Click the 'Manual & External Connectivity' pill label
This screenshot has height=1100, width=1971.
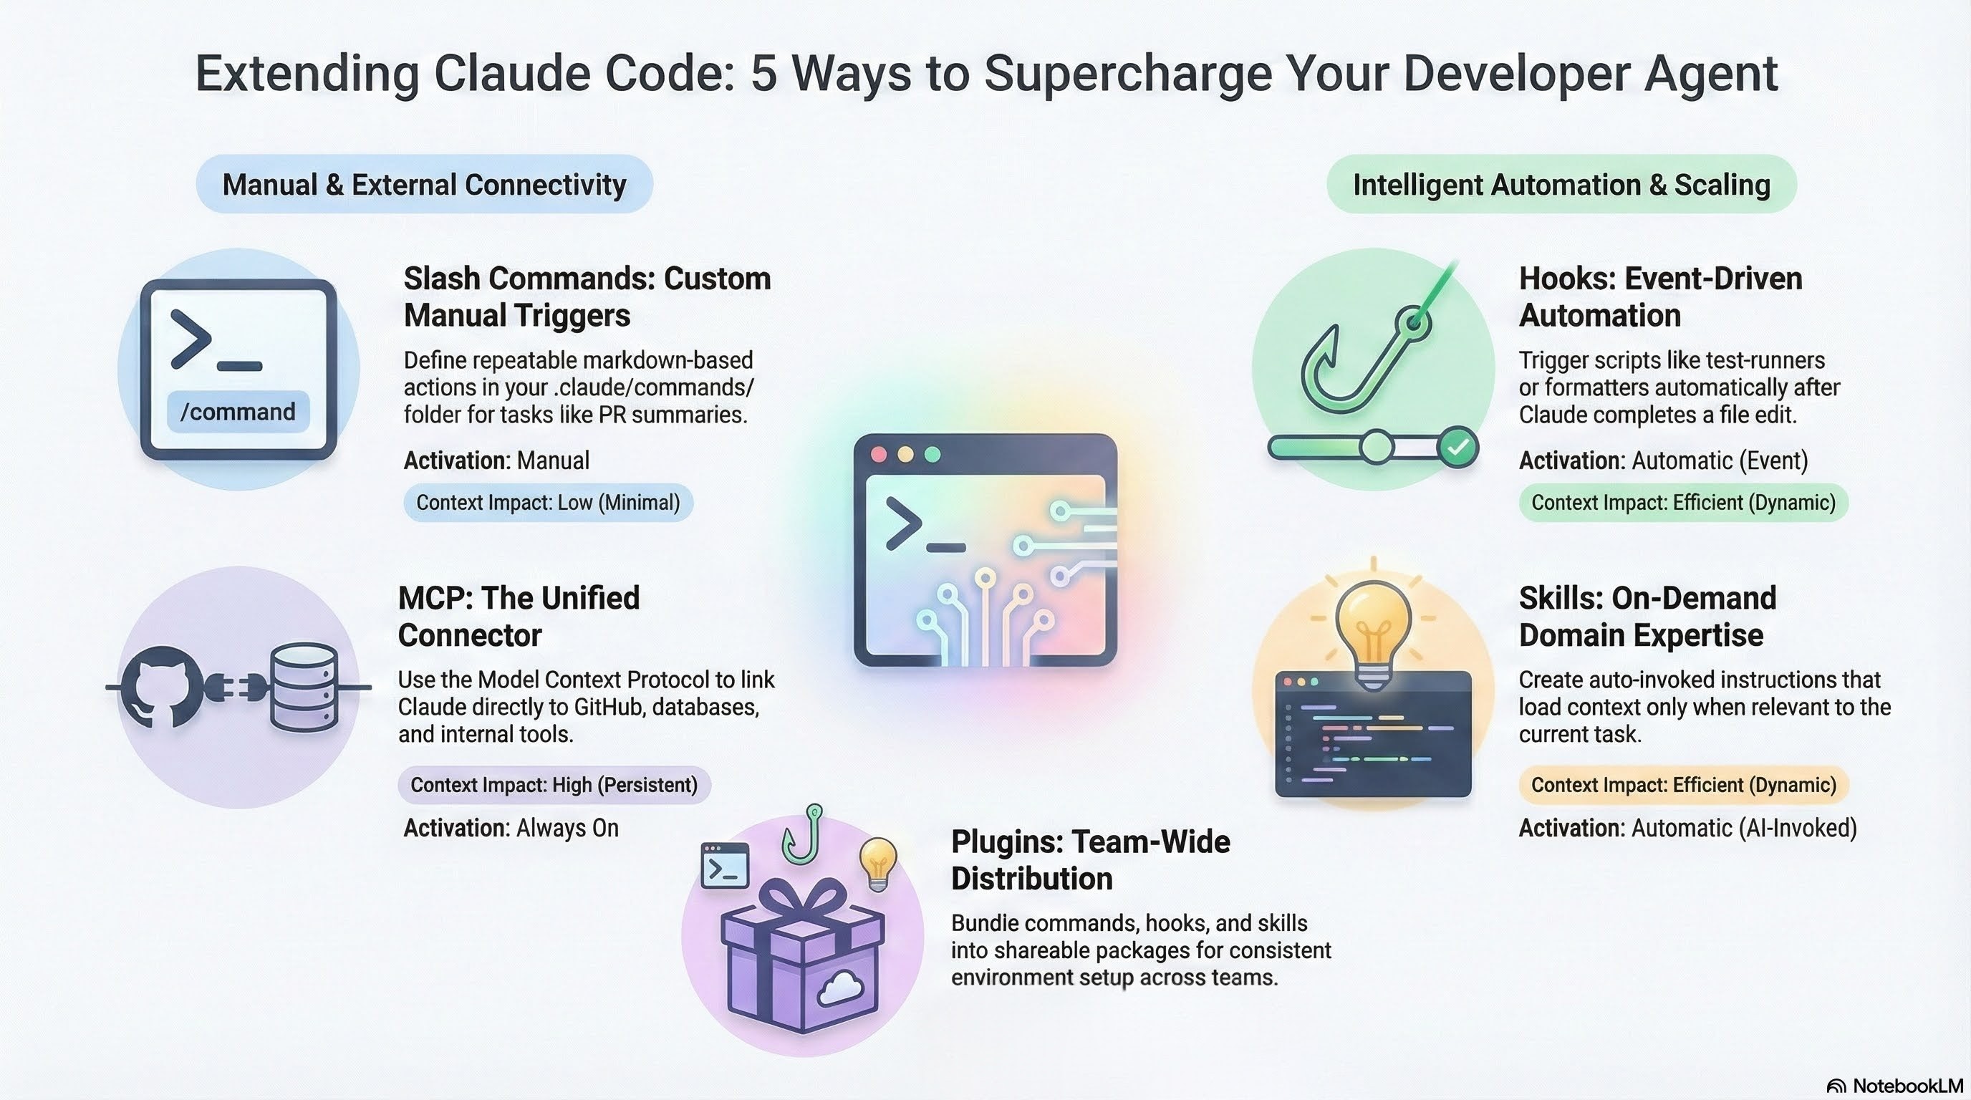(424, 184)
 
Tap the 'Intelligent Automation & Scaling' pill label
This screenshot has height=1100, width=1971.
(1561, 184)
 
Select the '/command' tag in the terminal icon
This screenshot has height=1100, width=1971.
(238, 412)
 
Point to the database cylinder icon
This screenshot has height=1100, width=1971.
(304, 687)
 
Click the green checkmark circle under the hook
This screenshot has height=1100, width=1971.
(1457, 448)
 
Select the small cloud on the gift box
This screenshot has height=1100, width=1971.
(840, 990)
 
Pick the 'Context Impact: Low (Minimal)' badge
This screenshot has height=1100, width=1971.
(548, 503)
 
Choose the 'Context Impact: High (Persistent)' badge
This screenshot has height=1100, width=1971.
(554, 785)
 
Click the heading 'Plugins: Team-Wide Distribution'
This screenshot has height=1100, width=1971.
(1090, 860)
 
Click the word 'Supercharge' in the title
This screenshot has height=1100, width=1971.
(1129, 74)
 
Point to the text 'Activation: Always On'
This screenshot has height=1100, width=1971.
(511, 828)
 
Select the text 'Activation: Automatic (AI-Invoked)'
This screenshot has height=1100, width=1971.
(1688, 828)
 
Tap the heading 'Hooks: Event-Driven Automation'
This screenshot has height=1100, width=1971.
(1660, 296)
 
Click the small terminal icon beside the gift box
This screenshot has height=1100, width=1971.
(726, 865)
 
